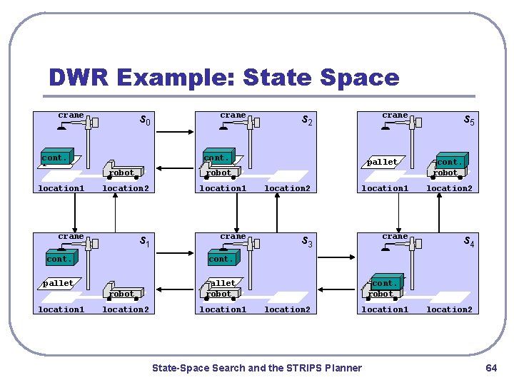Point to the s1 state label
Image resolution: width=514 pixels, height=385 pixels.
click(144, 242)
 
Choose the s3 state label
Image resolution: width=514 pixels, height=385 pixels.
click(306, 242)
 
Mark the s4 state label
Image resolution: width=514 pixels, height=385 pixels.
click(469, 242)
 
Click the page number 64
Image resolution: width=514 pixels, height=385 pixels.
click(491, 368)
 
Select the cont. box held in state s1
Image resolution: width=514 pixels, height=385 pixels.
click(59, 259)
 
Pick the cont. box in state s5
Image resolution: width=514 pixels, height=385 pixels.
click(450, 161)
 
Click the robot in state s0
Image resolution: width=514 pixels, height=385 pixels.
click(122, 173)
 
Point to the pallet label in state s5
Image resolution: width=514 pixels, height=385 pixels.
click(382, 162)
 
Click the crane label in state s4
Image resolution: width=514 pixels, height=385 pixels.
click(395, 236)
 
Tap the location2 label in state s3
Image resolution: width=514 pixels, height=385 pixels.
click(287, 309)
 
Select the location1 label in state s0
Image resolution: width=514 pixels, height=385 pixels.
click(61, 188)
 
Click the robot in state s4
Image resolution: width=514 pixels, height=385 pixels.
click(381, 294)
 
